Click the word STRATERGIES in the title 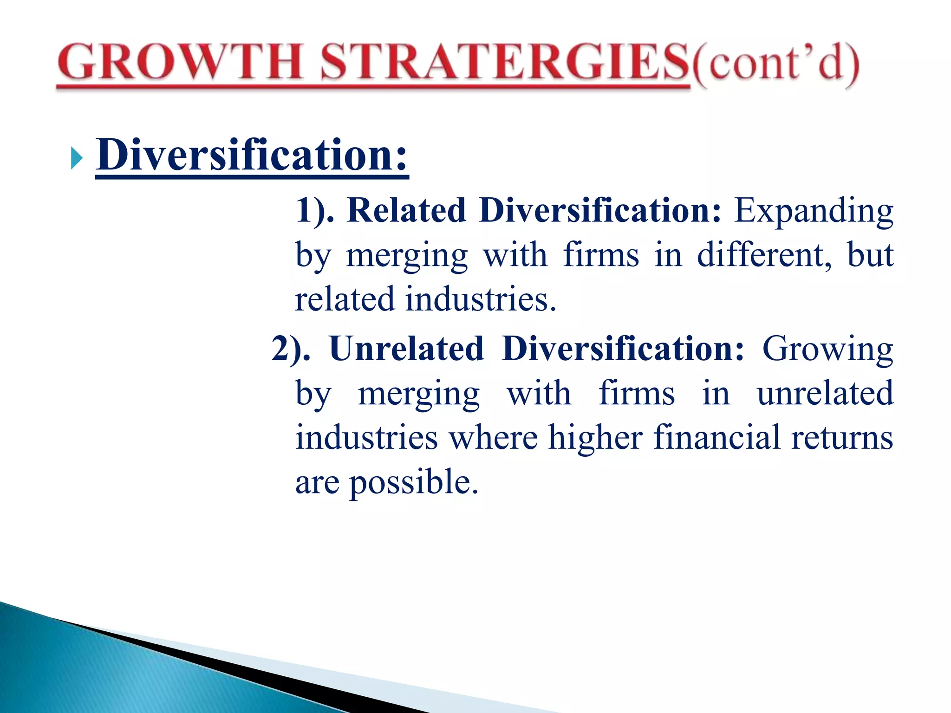pos(504,63)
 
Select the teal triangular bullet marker pos(77,159)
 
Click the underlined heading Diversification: pos(252,155)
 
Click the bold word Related pos(406,210)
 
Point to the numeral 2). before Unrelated pos(291,349)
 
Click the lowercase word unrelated pos(825,393)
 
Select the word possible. pos(413,483)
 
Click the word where pos(493,438)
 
